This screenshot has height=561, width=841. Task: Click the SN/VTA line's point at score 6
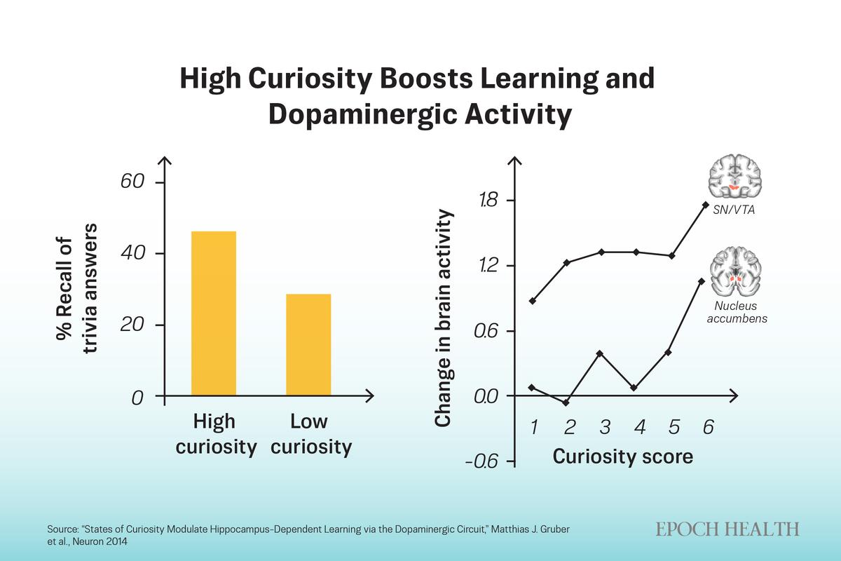[705, 204]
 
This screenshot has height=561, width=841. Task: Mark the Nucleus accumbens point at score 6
[701, 281]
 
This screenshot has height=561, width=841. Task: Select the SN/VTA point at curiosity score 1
[533, 301]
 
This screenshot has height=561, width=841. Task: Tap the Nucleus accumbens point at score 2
[566, 403]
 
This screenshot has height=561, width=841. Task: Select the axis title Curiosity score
[622, 457]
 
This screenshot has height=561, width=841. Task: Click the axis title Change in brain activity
[442, 319]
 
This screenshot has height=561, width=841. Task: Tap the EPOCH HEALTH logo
[727, 529]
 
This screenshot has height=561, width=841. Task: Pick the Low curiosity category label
[310, 435]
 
